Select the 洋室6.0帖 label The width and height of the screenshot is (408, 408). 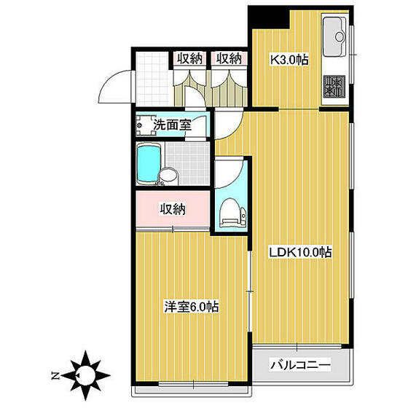pyautogui.click(x=192, y=307)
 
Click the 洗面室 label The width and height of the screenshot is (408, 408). pyautogui.click(x=172, y=125)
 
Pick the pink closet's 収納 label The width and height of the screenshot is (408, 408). pyautogui.click(x=173, y=209)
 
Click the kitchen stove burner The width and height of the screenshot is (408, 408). pyautogui.click(x=334, y=87)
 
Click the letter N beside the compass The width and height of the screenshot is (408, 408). pyautogui.click(x=56, y=376)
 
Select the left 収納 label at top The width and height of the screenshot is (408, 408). pyautogui.click(x=190, y=59)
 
